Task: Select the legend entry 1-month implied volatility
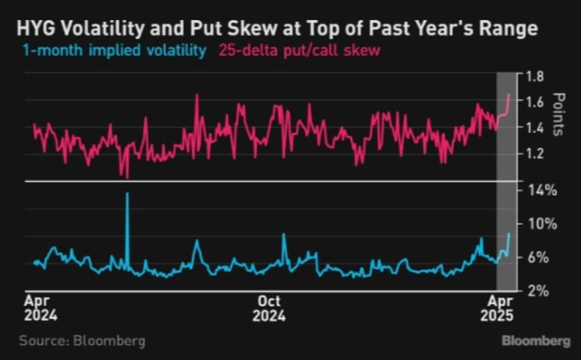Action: click(x=115, y=50)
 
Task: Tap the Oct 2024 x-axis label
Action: click(x=269, y=308)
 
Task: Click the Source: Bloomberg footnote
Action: click(x=82, y=341)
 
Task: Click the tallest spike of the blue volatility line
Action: click(x=127, y=194)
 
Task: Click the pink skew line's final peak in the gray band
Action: click(x=509, y=94)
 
